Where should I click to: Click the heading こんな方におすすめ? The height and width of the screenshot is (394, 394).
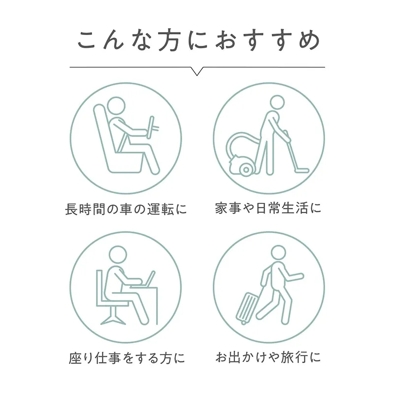tap(198, 41)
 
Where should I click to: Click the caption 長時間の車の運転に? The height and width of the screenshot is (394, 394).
tap(126, 209)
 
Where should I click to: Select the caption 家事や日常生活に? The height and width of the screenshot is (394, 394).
tap(268, 208)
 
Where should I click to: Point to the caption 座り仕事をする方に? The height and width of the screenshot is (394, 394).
tap(127, 358)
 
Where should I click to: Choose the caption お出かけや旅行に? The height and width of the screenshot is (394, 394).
tap(268, 357)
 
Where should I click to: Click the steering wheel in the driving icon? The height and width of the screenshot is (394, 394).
tap(151, 127)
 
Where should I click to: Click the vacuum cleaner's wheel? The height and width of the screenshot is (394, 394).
tap(246, 169)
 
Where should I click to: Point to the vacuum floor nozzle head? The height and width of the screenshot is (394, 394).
tap(301, 170)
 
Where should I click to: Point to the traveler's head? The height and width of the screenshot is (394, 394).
tap(278, 253)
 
